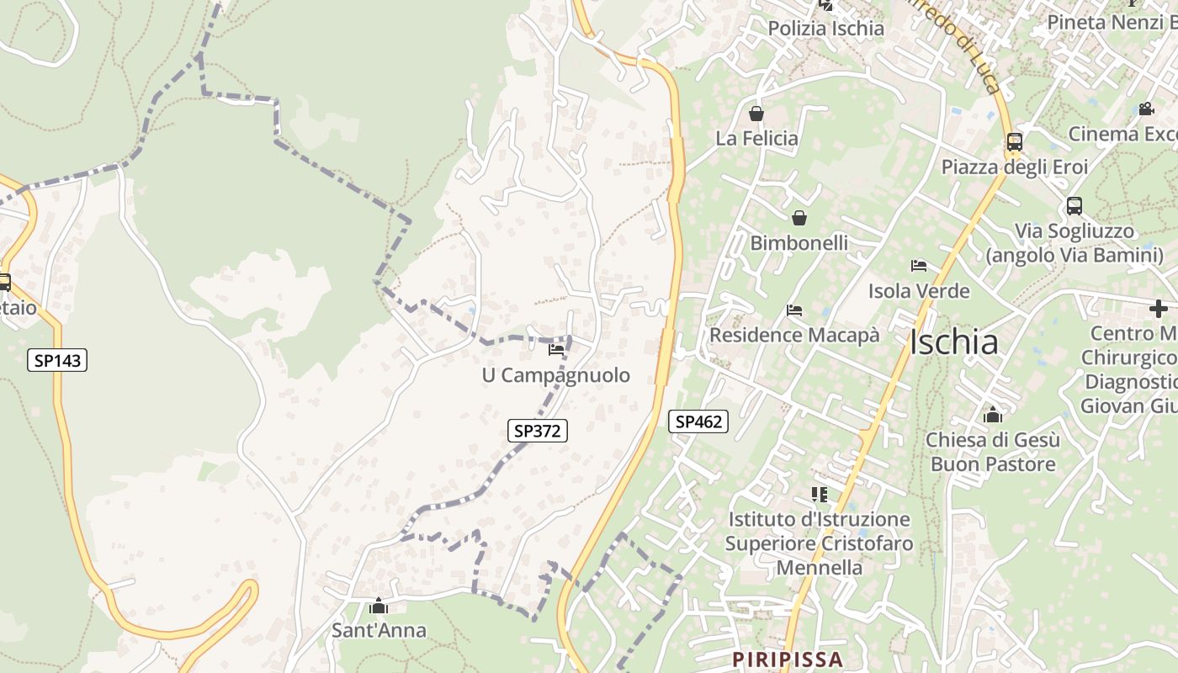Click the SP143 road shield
[57, 360]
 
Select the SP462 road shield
[698, 421]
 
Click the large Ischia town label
[954, 342]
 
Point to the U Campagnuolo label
[555, 375]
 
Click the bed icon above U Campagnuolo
[555, 349]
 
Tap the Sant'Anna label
[379, 630]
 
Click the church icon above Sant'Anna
[379, 606]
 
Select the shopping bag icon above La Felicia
[756, 114]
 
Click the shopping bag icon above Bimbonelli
[799, 219]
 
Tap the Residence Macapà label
[794, 335]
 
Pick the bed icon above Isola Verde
[919, 266]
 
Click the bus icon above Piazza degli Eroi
[1015, 141]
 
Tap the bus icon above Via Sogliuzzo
[1075, 205]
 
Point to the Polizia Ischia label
[826, 29]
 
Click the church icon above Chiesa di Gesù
[993, 415]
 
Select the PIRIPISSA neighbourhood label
[788, 659]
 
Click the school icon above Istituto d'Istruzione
[820, 494]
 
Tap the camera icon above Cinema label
[1146, 109]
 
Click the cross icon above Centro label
[1159, 309]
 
